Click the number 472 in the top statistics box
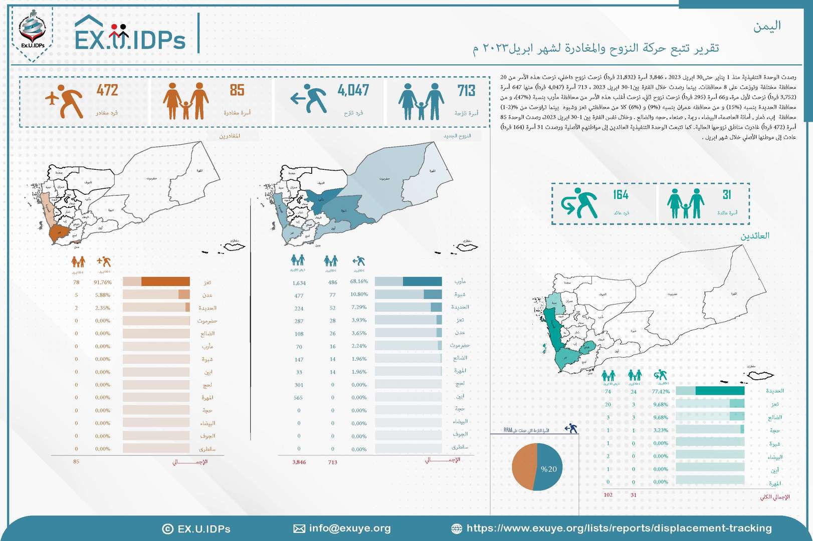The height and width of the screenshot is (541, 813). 107,91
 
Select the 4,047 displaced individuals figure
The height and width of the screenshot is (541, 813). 353,91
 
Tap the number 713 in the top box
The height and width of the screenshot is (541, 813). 466,91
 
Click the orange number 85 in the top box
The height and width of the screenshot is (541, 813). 237,91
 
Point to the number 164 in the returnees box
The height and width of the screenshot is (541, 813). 621,195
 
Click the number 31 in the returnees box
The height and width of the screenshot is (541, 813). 727,195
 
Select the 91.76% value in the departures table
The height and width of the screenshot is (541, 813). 103,283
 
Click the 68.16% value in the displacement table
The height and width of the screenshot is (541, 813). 359,282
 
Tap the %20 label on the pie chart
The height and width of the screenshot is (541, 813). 548,469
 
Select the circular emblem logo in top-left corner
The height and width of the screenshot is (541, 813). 33,33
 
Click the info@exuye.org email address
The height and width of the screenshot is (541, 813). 350,528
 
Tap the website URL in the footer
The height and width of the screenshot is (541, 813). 619,528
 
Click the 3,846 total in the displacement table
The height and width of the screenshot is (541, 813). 299,462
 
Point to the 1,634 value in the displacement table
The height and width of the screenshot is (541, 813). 299,283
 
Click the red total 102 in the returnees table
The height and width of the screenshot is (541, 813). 608,495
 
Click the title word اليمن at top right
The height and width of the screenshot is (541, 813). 767,26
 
